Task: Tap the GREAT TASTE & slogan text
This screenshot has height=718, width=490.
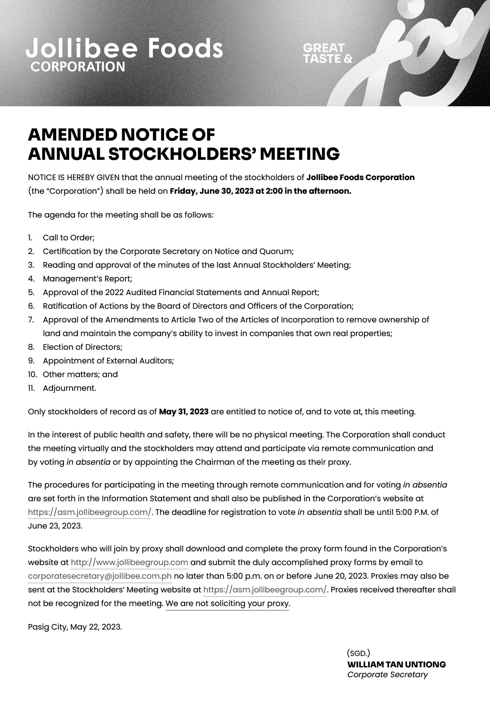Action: point(327,53)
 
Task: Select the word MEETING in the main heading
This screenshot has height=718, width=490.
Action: point(299,154)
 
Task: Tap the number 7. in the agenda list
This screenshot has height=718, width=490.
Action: point(31,319)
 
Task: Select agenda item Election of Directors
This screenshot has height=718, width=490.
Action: point(82,347)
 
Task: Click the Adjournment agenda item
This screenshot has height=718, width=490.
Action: point(70,388)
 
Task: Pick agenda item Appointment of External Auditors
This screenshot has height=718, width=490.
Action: point(108,361)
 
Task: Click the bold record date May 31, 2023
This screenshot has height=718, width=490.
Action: point(183,411)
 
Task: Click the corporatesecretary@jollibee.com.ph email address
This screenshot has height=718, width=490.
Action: point(100,576)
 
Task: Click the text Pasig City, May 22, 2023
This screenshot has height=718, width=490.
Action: point(75,627)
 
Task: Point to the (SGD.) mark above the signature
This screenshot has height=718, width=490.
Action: point(358,653)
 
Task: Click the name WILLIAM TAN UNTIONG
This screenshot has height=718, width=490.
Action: point(396,664)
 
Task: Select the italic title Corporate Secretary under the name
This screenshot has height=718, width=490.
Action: point(387,675)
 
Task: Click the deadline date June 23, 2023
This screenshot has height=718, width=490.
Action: point(55,526)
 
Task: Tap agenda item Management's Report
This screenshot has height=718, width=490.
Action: point(88,279)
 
